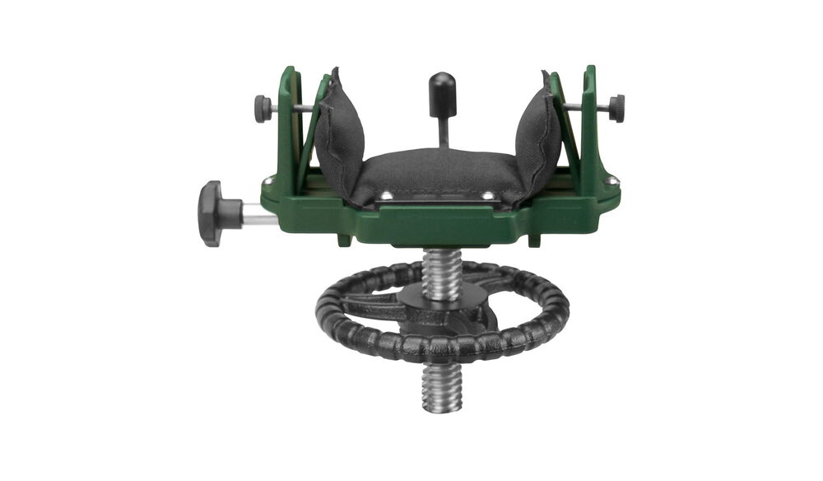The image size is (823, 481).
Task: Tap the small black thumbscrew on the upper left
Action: point(263,108)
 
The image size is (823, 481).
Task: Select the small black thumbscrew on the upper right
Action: point(616,108)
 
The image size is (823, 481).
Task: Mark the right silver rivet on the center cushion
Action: point(489,196)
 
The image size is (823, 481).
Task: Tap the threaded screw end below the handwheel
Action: point(443,388)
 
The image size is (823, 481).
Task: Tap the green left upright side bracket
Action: point(290,124)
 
